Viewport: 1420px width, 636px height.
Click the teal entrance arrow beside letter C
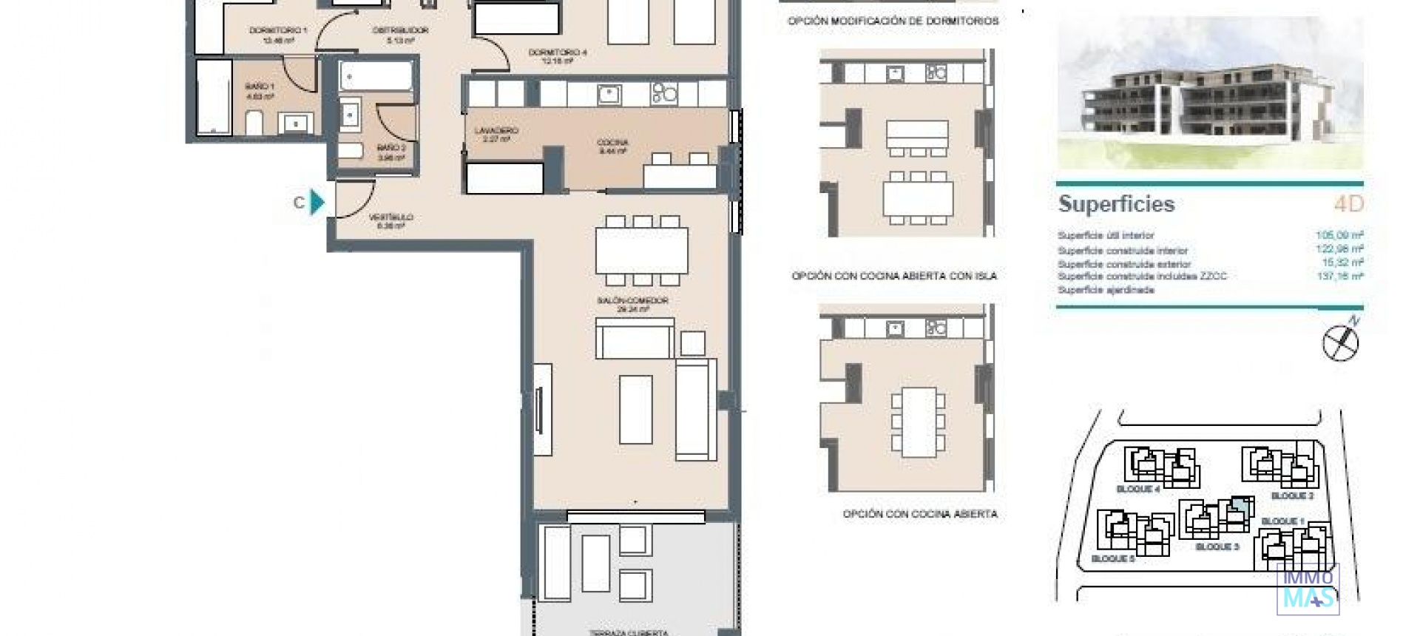(x=317, y=202)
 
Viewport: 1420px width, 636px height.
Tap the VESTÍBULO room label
(x=390, y=221)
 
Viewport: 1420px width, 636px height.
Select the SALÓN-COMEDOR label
(x=632, y=305)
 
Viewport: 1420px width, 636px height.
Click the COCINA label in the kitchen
(x=612, y=146)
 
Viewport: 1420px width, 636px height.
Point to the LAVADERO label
(x=496, y=134)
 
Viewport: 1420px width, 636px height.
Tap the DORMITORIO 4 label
(x=558, y=56)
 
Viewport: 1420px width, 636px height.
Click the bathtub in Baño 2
(x=376, y=76)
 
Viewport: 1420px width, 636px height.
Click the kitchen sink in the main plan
(x=609, y=94)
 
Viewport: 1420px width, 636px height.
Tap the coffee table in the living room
(x=635, y=409)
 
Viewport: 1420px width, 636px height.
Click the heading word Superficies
(x=1116, y=204)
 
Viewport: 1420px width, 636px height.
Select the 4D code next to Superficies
(x=1348, y=204)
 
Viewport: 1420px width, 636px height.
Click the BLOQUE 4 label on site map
(x=1137, y=490)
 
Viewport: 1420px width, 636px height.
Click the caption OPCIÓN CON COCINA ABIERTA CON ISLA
(x=894, y=276)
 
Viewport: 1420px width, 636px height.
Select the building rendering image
(x=1209, y=94)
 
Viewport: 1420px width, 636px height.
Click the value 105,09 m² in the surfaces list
(x=1339, y=235)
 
